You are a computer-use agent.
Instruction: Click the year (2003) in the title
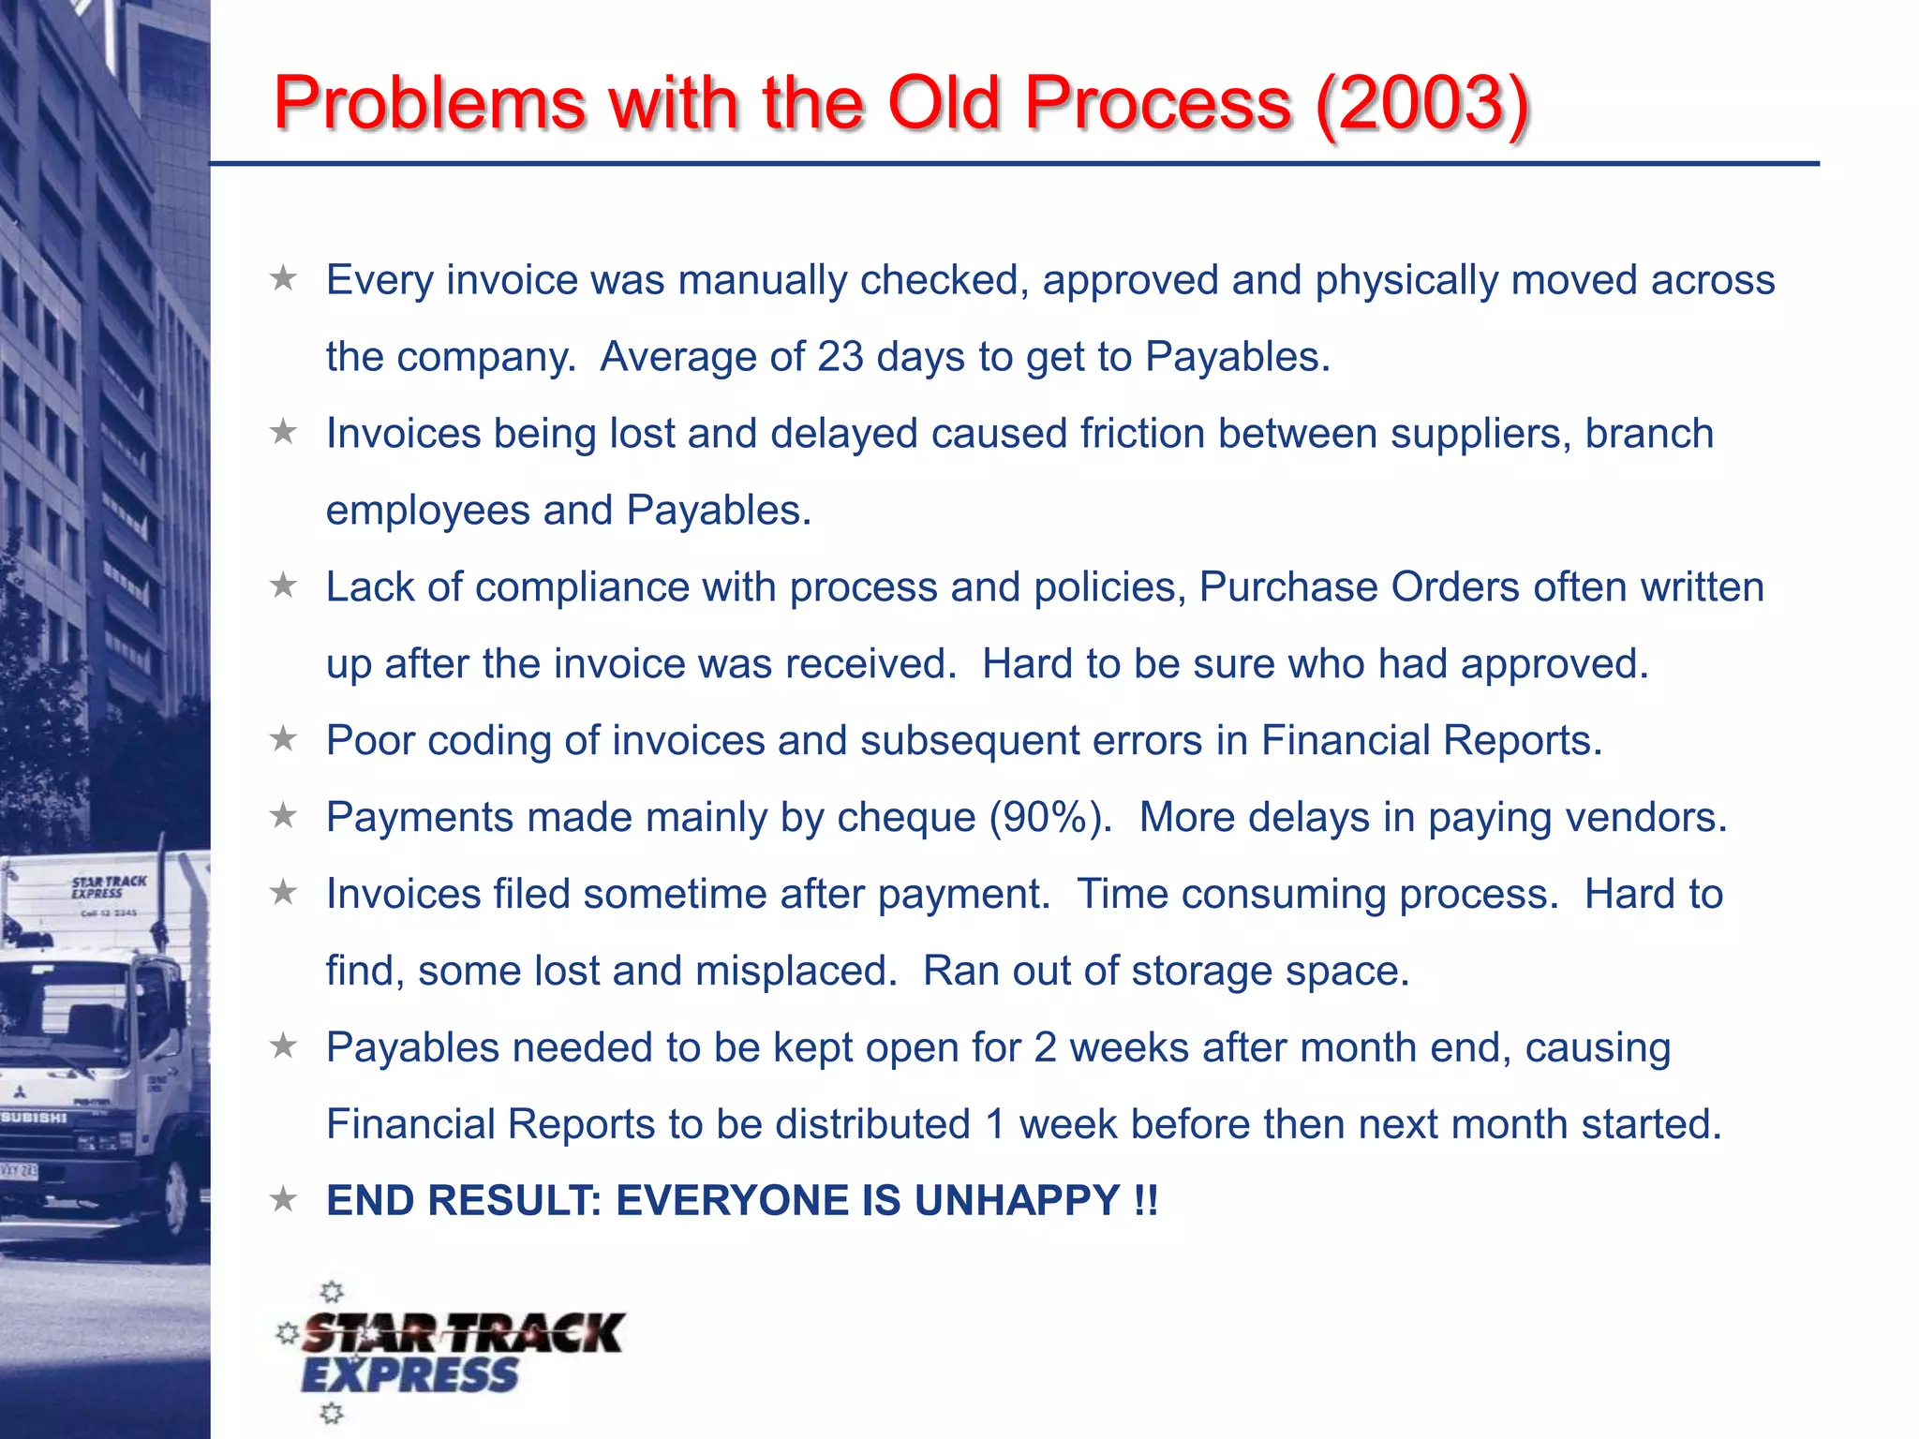[1422, 103]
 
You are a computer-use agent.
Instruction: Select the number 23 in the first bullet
[840, 357]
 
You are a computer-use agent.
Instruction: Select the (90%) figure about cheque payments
[1050, 818]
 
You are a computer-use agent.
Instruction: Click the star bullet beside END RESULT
[283, 1199]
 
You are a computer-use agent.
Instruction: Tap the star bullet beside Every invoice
[283, 278]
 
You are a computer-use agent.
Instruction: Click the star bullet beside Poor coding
[283, 739]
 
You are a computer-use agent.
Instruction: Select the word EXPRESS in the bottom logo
[409, 1376]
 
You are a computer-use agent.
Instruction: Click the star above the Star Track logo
[332, 1293]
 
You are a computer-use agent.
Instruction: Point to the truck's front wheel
[175, 1199]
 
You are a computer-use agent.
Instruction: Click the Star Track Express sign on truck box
[108, 887]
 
